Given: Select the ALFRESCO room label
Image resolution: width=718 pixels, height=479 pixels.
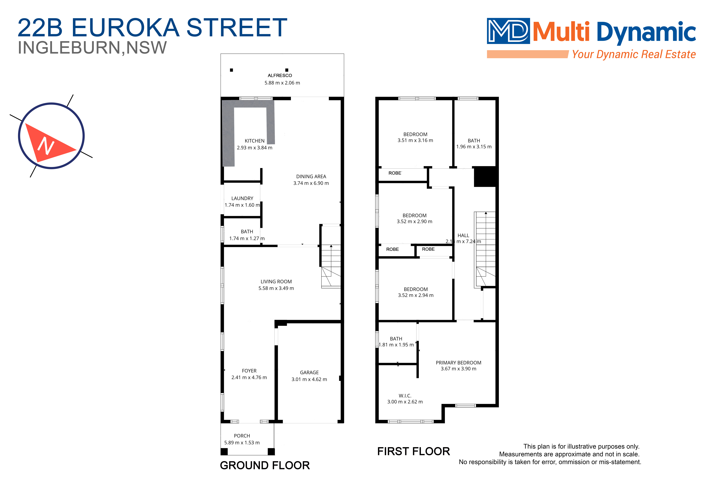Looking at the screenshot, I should pyautogui.click(x=280, y=75).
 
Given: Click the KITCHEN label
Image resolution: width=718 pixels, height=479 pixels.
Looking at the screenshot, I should pyautogui.click(x=254, y=141).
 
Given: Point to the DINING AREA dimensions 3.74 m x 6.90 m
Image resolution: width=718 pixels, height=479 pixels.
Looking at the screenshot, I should pyautogui.click(x=311, y=183).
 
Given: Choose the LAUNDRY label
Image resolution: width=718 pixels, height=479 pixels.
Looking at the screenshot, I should pyautogui.click(x=242, y=198).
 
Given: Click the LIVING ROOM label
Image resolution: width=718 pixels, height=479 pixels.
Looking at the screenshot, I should pyautogui.click(x=276, y=282).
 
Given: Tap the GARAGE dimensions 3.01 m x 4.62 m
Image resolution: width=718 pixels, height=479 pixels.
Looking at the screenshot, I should pyautogui.click(x=309, y=379).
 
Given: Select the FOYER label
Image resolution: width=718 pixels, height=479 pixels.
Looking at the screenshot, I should pyautogui.click(x=249, y=371).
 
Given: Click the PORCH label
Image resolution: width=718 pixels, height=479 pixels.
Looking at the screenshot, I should pyautogui.click(x=242, y=436).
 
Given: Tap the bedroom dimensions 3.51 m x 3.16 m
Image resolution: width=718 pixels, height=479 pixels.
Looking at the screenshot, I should pyautogui.click(x=415, y=141).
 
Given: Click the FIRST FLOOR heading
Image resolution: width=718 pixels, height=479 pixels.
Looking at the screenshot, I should pyautogui.click(x=413, y=452).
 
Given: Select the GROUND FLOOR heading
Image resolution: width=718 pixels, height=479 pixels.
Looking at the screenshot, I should pyautogui.click(x=265, y=466).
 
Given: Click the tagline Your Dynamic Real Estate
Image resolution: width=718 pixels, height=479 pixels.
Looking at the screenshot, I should pyautogui.click(x=634, y=54).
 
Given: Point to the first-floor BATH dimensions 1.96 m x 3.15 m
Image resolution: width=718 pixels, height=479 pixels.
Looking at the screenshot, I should pyautogui.click(x=474, y=147).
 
